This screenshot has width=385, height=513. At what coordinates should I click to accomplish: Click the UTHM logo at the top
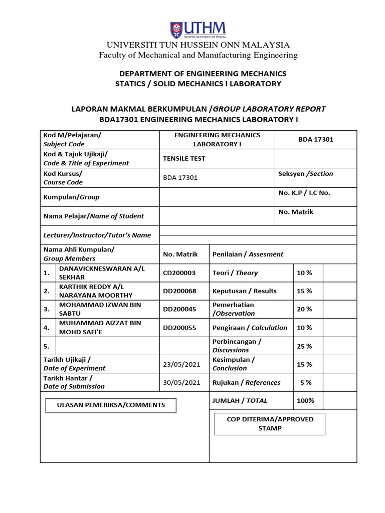(x=198, y=29)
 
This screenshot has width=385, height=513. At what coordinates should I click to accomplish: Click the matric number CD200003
(x=179, y=273)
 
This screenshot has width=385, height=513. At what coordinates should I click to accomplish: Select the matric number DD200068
(x=179, y=291)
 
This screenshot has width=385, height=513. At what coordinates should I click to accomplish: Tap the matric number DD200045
(x=179, y=309)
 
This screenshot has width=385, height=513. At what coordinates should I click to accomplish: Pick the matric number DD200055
(x=179, y=328)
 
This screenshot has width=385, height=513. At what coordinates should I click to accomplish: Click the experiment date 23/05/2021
(x=181, y=364)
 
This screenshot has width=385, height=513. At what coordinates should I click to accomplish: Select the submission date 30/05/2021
(x=181, y=382)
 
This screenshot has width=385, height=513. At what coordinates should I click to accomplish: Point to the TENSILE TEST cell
(x=184, y=158)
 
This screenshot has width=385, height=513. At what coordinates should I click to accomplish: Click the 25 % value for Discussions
(x=304, y=346)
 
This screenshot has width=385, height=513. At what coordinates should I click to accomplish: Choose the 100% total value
(x=305, y=400)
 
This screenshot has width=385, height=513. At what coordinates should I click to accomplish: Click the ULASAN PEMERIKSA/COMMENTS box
(x=111, y=405)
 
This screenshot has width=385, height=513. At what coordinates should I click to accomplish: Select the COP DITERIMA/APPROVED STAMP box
(x=270, y=424)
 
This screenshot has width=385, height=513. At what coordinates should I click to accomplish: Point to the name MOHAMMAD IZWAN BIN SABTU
(x=100, y=309)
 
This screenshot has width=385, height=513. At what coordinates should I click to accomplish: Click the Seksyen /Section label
(x=305, y=174)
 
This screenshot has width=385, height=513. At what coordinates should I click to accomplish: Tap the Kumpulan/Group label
(x=71, y=197)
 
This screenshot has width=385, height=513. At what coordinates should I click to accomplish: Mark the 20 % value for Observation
(x=304, y=309)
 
